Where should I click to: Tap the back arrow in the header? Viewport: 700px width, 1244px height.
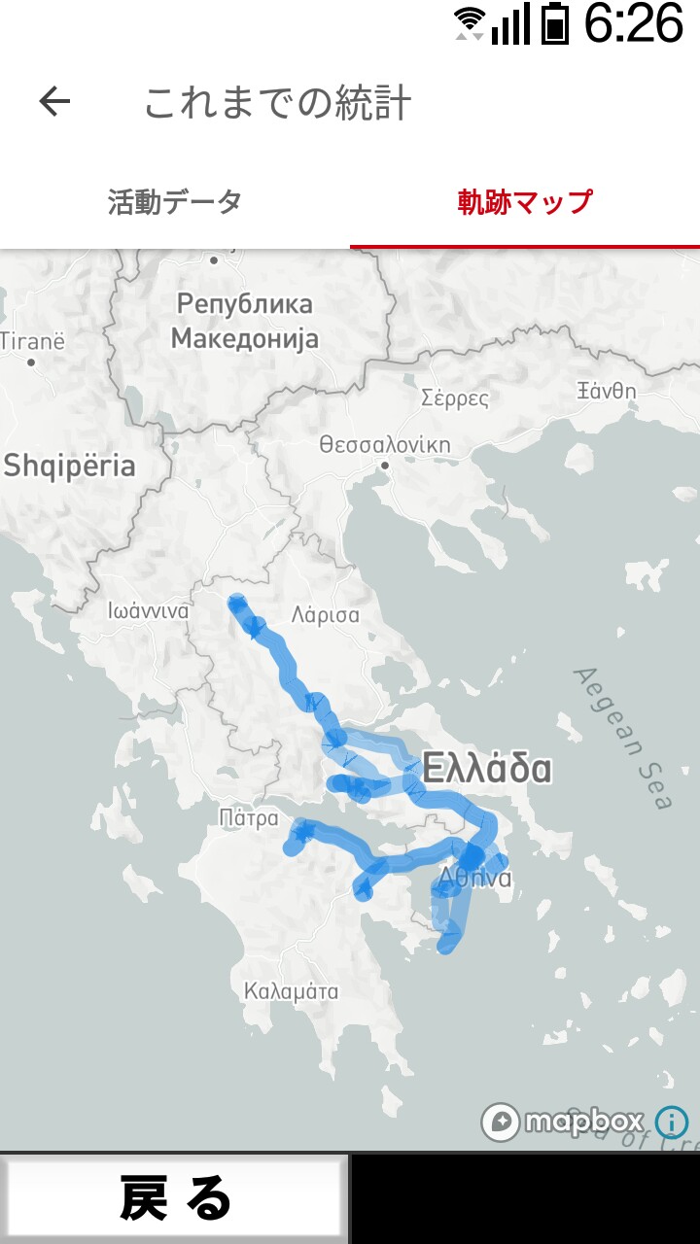point(54,101)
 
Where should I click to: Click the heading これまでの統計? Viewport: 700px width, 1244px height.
point(277,103)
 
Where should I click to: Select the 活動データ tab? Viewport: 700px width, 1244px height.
point(175,202)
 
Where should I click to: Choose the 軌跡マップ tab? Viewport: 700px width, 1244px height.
point(525,202)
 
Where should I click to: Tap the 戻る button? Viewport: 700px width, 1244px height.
point(175,1197)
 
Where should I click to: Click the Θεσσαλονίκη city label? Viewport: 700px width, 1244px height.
point(385,445)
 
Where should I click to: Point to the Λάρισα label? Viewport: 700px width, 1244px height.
point(325,615)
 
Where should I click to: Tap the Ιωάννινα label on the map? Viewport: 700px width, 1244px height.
point(149,611)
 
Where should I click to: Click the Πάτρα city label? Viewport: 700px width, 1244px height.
point(249,817)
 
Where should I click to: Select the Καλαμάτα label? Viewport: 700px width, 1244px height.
point(291,991)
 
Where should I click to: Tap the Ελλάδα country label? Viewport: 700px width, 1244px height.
point(487,769)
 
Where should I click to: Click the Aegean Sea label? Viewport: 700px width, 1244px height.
point(623,738)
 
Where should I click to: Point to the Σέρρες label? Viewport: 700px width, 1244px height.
point(455,397)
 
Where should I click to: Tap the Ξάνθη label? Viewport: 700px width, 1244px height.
point(607,391)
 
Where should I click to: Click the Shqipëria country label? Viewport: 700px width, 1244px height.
point(69,466)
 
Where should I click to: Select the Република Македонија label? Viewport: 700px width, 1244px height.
point(245,321)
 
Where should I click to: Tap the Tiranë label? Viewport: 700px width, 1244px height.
point(32,341)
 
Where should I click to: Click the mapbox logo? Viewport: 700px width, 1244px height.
point(563,1122)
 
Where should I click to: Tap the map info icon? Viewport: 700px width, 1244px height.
point(672,1123)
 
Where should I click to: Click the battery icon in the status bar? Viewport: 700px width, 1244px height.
point(555,23)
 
